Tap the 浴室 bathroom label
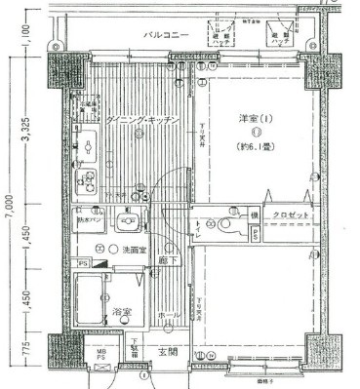122,313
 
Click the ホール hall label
165,317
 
